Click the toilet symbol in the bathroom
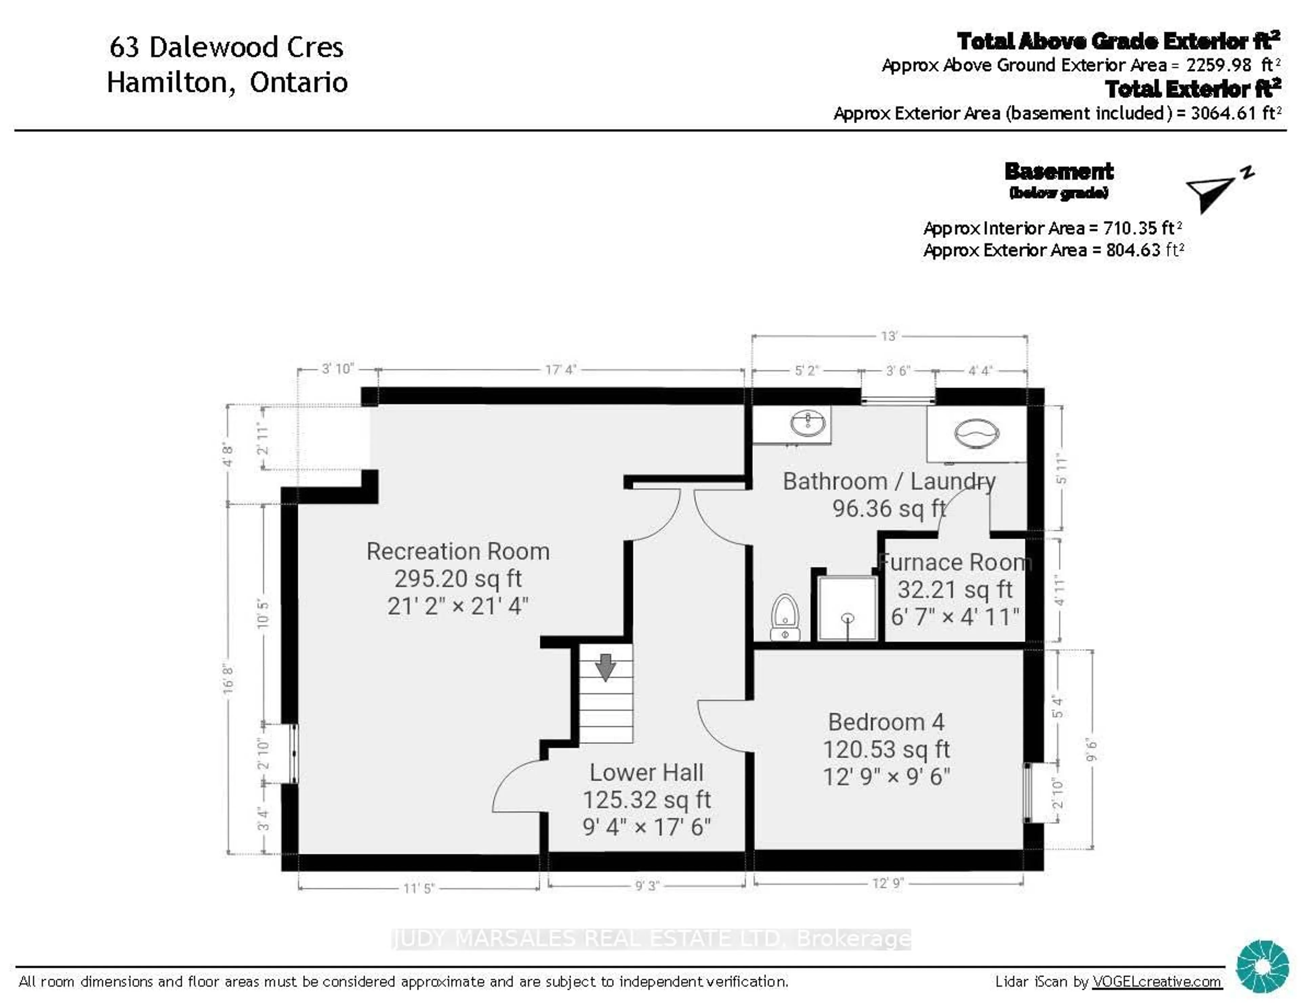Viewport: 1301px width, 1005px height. (785, 616)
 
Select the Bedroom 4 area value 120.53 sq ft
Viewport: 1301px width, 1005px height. (886, 749)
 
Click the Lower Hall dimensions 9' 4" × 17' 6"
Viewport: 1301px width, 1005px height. (646, 827)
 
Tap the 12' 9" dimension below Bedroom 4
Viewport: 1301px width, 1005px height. (888, 883)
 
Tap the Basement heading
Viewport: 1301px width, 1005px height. (1058, 172)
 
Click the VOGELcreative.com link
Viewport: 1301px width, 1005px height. (1156, 982)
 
